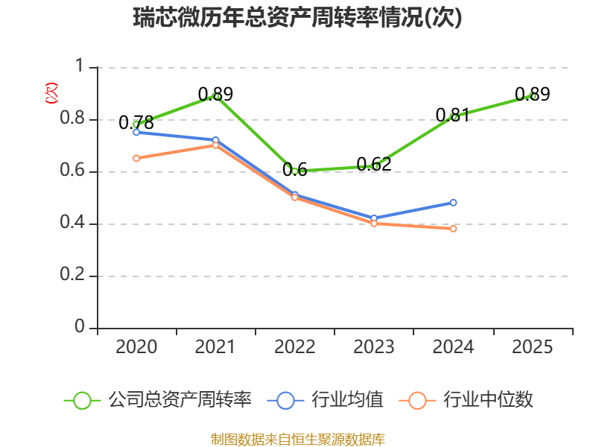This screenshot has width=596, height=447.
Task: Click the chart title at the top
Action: tap(298, 18)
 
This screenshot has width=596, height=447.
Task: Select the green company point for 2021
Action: tap(216, 96)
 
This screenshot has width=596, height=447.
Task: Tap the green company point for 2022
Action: tap(295, 171)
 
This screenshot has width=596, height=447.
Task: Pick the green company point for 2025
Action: tap(533, 96)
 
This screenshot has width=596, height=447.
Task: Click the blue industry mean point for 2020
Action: tap(136, 132)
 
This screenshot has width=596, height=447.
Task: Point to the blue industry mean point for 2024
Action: tap(453, 203)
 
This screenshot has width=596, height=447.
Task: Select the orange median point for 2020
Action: tap(136, 158)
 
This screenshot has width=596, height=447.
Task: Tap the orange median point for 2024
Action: tap(453, 229)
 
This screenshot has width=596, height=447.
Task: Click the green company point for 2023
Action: tap(375, 166)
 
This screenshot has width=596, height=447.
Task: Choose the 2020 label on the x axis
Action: tap(137, 347)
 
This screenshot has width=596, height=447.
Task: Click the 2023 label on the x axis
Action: tap(374, 347)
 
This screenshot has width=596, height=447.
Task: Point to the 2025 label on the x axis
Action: tap(533, 347)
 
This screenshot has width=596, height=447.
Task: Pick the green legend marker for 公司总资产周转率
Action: tap(82, 400)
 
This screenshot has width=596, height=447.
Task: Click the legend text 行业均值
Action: tap(348, 400)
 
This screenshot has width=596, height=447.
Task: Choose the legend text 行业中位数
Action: tap(488, 400)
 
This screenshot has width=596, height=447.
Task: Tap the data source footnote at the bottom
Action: tap(298, 439)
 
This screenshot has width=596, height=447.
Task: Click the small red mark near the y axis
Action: tap(51, 93)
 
